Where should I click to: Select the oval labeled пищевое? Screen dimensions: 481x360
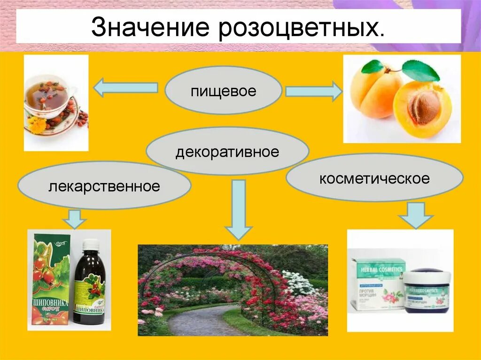(x=224, y=91)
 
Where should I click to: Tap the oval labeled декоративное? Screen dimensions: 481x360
(x=227, y=152)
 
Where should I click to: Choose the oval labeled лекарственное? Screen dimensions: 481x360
(x=104, y=186)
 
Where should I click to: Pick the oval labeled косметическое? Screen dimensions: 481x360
(x=374, y=178)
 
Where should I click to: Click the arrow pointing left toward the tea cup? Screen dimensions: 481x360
(x=125, y=88)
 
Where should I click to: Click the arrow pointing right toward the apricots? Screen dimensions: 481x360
(x=314, y=91)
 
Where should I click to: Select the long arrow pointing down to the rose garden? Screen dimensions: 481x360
(x=239, y=209)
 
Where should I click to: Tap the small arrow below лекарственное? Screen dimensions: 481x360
(x=74, y=218)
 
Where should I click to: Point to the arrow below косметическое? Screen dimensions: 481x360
(x=416, y=215)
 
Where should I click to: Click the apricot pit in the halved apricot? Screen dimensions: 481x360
(x=423, y=107)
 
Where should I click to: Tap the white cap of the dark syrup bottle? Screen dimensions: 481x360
(x=91, y=244)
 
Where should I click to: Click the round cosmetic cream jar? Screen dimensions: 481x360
(x=427, y=291)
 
